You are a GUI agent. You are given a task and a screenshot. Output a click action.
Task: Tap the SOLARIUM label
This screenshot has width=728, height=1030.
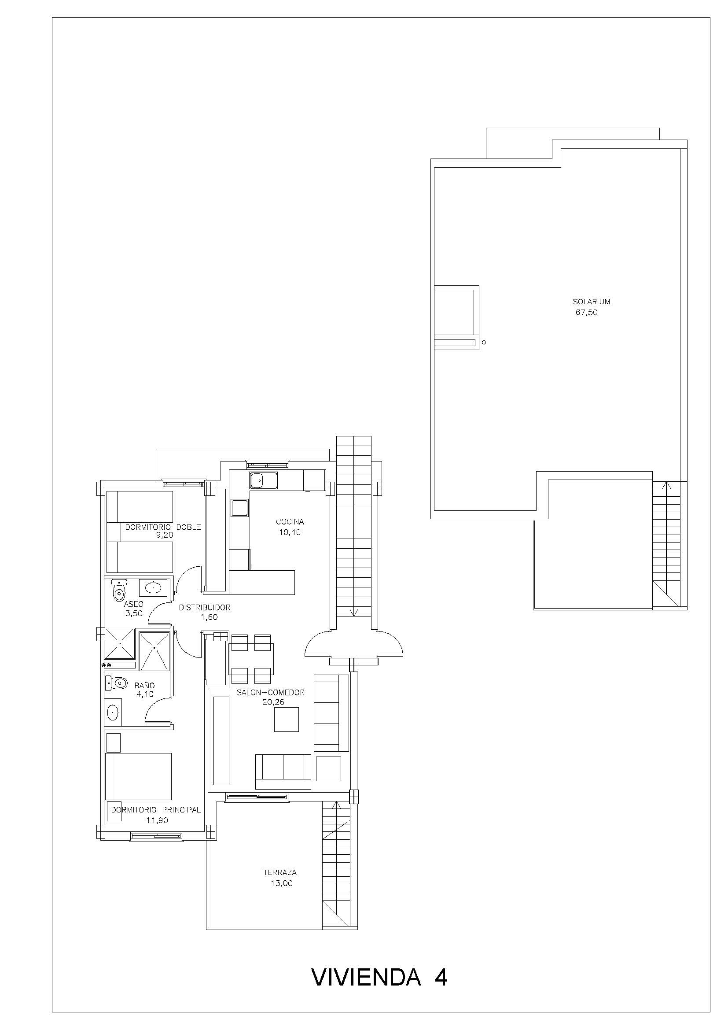tap(591, 302)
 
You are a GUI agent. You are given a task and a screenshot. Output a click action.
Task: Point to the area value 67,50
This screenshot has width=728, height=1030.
tap(587, 313)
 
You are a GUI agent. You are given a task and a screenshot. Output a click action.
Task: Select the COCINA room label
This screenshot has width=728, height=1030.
tap(290, 522)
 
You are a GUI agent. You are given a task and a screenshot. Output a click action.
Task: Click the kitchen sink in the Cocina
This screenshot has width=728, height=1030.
tap(264, 480)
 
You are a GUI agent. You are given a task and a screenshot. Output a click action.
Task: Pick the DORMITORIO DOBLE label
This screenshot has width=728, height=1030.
tap(163, 527)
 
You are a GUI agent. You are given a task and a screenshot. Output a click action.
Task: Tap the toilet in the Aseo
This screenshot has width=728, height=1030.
tap(119, 590)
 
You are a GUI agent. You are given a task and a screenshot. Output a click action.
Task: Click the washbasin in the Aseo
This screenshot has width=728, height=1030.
tap(153, 587)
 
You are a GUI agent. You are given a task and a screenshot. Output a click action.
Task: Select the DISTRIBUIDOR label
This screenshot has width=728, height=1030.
tap(205, 608)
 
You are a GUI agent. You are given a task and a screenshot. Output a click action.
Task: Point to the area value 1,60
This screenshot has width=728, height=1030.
tap(209, 617)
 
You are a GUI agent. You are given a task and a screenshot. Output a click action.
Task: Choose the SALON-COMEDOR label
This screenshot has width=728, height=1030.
tap(271, 693)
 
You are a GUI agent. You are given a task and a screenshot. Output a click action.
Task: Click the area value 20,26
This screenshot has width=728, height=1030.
tap(273, 702)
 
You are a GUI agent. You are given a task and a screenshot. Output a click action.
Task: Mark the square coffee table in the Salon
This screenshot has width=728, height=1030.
tap(287, 719)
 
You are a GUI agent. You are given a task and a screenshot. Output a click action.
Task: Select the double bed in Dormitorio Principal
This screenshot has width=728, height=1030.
tap(139, 776)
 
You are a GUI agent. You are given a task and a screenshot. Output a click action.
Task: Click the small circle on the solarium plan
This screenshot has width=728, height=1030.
tap(484, 343)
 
